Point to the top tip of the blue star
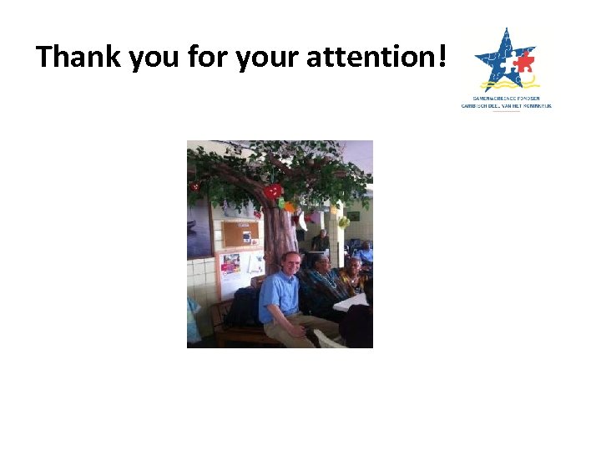(x=504, y=30)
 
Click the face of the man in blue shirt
(x=290, y=264)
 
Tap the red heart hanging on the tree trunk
(x=273, y=191)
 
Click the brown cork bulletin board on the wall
(x=240, y=234)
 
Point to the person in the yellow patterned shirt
(x=352, y=279)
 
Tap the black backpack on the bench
(x=243, y=307)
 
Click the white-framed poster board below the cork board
(x=240, y=271)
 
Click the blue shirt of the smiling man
(x=280, y=296)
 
